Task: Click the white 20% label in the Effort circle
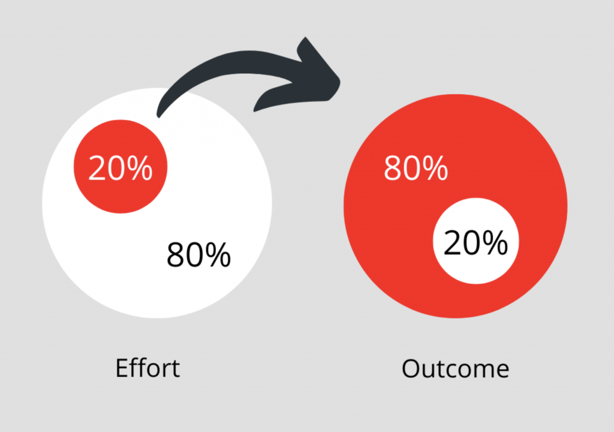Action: coord(120,168)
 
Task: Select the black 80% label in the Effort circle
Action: coord(198,255)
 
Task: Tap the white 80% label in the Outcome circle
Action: coord(416,168)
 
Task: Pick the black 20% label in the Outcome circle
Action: coord(475,242)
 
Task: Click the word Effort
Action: coord(148,368)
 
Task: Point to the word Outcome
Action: coord(456,369)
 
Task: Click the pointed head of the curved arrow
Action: coord(339,80)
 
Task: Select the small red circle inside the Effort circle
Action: coord(121,166)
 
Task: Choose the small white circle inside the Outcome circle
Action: coord(475,241)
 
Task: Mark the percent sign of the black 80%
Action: coord(218,255)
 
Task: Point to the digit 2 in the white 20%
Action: coord(97,168)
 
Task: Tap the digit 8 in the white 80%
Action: coord(393,168)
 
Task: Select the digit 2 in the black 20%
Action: coord(452,242)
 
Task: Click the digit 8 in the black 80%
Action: coord(176,255)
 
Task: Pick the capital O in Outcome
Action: coord(411,369)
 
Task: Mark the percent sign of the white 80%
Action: coord(435,168)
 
